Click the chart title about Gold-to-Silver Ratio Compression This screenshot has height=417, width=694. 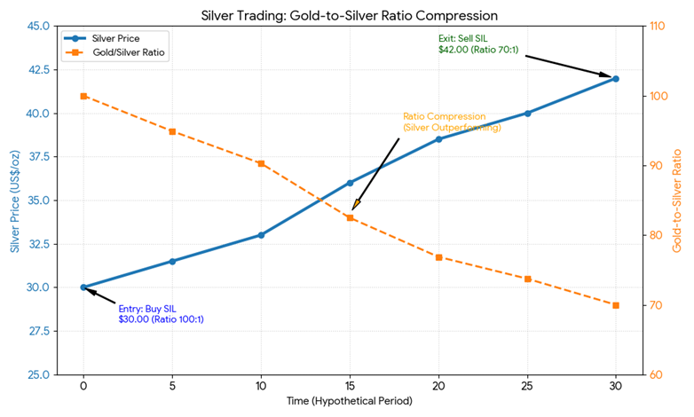(349, 15)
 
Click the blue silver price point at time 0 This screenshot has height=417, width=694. (83, 287)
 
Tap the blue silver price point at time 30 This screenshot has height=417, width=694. (615, 79)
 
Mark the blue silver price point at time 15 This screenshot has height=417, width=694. (350, 183)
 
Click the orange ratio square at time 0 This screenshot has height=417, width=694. (83, 96)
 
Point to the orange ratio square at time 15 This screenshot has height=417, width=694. (350, 217)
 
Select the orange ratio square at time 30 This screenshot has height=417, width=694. (615, 305)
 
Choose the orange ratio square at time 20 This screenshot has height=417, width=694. (438, 257)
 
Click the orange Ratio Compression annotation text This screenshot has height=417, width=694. (452, 122)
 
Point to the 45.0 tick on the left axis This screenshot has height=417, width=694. (37, 26)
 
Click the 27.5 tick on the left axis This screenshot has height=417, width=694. (37, 331)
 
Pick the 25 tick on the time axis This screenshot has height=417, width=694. (527, 386)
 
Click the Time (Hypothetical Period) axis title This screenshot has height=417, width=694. (349, 402)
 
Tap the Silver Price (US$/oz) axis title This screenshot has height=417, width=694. (15, 200)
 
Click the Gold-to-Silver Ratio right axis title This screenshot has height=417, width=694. (679, 200)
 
